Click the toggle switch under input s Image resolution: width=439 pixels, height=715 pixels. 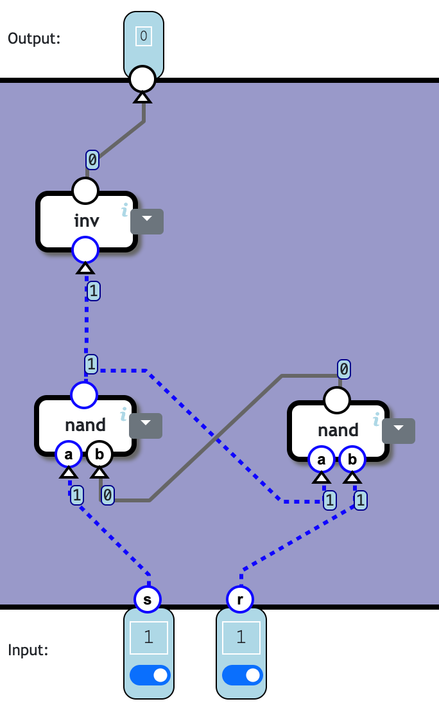pyautogui.click(x=151, y=675)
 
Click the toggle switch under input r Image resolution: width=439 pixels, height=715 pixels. pyautogui.click(x=243, y=675)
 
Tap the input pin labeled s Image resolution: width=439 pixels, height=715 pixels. pyautogui.click(x=148, y=599)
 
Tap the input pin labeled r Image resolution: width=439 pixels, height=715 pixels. pyautogui.click(x=240, y=599)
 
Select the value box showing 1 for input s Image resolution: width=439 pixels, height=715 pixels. pyautogui.click(x=149, y=637)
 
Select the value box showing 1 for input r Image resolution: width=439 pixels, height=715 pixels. pyautogui.click(x=241, y=637)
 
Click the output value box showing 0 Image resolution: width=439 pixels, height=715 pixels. pyautogui.click(x=143, y=36)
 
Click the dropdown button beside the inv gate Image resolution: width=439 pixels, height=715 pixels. pyautogui.click(x=147, y=221)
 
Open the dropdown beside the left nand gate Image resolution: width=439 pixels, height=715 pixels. pyautogui.click(x=146, y=425)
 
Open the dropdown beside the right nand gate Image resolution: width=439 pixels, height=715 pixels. pyautogui.click(x=399, y=430)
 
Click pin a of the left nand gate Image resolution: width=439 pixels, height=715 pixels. pyautogui.click(x=69, y=454)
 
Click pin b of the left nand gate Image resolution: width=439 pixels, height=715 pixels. pyautogui.click(x=99, y=454)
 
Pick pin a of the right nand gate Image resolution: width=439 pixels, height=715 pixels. pyautogui.click(x=322, y=459)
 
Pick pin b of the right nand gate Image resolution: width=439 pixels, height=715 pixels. pyautogui.click(x=352, y=459)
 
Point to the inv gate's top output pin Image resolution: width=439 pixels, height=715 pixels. pyautogui.click(x=85, y=191)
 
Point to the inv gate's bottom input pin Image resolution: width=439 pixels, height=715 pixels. pyautogui.click(x=85, y=250)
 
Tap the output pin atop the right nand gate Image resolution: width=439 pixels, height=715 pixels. pyautogui.click(x=337, y=400)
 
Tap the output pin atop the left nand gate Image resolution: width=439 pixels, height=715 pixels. pyautogui.click(x=84, y=395)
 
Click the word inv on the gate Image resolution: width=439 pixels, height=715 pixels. pyautogui.click(x=87, y=221)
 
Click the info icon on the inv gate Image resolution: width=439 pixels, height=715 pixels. pyautogui.click(x=125, y=209)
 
